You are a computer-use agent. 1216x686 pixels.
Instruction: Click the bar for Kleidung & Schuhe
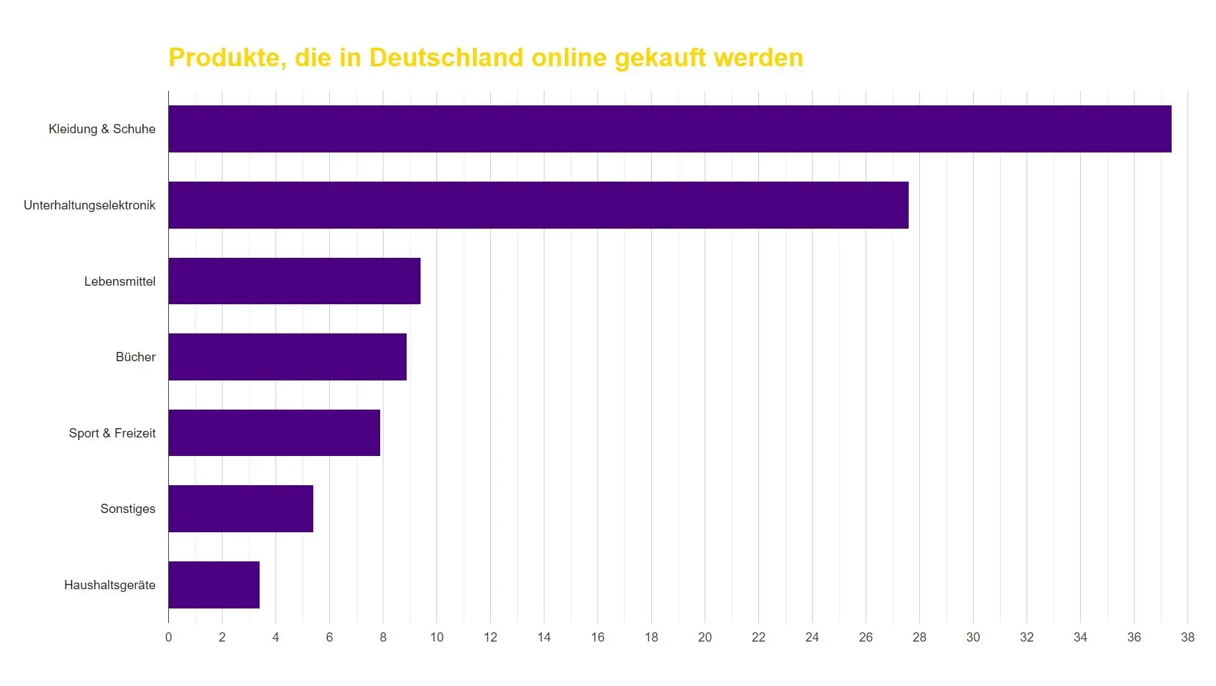pos(669,129)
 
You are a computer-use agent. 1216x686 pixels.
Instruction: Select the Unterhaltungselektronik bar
pos(538,205)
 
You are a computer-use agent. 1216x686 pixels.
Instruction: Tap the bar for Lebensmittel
pos(294,281)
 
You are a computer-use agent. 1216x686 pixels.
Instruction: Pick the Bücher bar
pos(287,357)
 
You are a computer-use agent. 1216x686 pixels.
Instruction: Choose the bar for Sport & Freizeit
pos(274,433)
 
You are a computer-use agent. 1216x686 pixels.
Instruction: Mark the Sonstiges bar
pos(240,508)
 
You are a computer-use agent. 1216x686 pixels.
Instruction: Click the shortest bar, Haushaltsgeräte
pos(213,585)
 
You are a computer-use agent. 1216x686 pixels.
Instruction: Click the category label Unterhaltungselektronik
pos(89,205)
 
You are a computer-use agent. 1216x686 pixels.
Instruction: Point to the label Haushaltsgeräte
pos(109,585)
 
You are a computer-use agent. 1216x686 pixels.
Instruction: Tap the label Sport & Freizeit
pos(112,433)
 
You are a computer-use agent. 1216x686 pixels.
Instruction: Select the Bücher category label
pos(135,357)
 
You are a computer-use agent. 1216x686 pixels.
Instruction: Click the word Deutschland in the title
pos(446,58)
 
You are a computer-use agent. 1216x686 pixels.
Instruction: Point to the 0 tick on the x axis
pos(168,637)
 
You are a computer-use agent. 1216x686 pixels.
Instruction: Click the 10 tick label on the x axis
pos(436,637)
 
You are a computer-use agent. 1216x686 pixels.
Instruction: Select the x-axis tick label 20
pos(705,637)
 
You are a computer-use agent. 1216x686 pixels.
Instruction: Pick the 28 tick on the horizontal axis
pos(919,637)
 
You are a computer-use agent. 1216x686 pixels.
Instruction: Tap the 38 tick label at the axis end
pos(1188,637)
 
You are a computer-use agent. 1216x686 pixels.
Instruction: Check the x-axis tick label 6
pos(329,637)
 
